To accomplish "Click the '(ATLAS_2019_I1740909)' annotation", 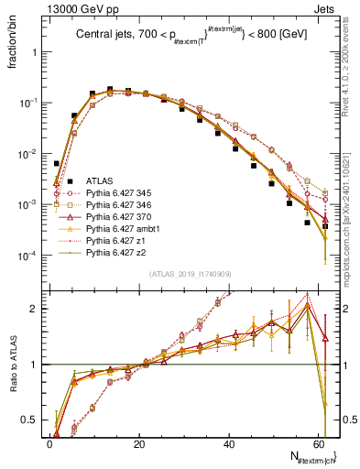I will point(190,274).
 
